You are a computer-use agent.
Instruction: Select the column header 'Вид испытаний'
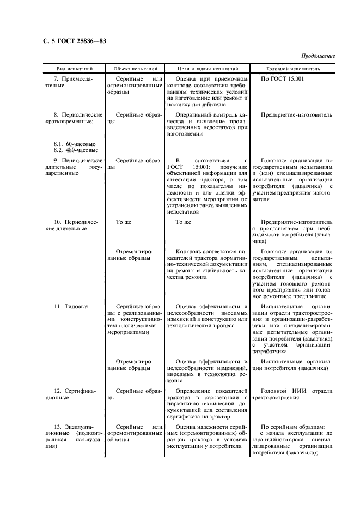point(75,69)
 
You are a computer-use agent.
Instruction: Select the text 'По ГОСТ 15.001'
point(282,79)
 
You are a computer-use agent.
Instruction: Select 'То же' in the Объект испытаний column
point(124,222)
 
